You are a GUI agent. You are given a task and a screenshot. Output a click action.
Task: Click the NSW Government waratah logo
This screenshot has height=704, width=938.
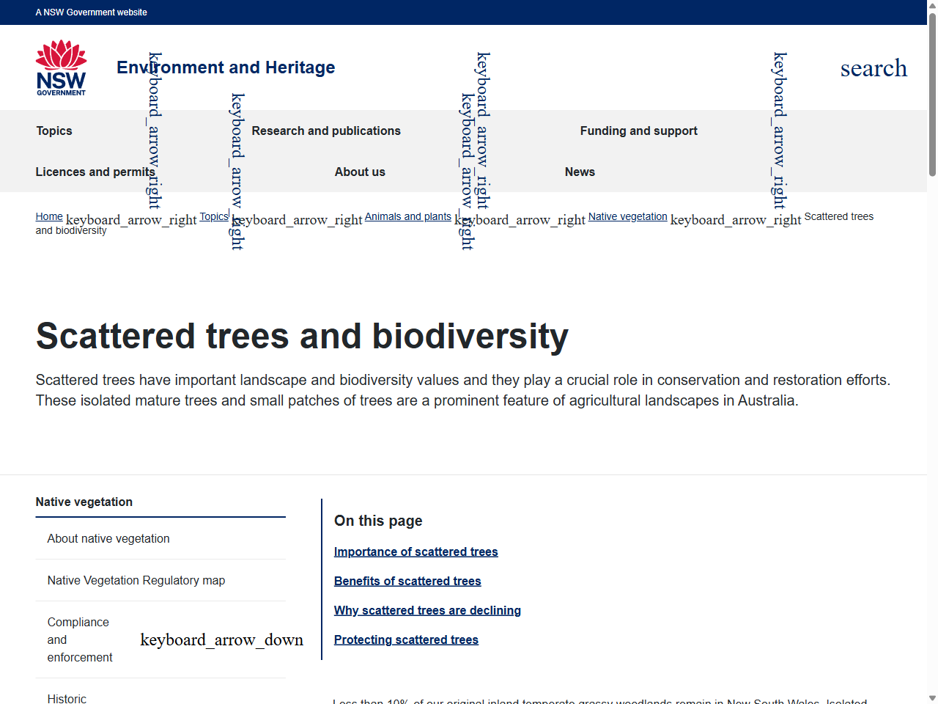coord(61,67)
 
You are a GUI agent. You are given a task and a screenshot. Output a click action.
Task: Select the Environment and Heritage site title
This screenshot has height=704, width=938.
coord(226,67)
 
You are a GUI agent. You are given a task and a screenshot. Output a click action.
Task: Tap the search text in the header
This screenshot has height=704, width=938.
coord(874,68)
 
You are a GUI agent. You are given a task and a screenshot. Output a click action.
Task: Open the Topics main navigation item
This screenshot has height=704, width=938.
coord(54,131)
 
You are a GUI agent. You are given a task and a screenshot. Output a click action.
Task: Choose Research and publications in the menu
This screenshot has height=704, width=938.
coord(326,131)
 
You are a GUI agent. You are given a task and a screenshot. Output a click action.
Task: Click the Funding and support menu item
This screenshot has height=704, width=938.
coord(638,131)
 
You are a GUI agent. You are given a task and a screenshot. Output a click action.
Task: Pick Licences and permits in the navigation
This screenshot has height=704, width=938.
coord(95,172)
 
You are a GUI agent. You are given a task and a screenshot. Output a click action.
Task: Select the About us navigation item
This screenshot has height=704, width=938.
coord(360,172)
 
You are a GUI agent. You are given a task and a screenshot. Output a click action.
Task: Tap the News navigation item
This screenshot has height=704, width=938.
coord(580,172)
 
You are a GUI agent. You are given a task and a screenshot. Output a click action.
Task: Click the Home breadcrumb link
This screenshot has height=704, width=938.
coord(49,216)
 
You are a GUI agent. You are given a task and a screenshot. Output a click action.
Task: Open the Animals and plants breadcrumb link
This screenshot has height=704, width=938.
coord(407,216)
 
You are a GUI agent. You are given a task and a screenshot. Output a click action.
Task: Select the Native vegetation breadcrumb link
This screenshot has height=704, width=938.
coord(627,216)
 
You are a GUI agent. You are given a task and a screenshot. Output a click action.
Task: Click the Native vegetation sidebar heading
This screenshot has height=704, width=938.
coord(84,502)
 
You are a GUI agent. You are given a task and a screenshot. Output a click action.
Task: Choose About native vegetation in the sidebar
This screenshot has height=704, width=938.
coord(108,538)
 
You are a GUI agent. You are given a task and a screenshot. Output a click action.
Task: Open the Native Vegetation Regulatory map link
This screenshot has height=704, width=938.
coord(136,580)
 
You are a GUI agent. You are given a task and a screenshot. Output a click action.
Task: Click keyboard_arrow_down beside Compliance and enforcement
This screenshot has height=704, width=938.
coord(221,639)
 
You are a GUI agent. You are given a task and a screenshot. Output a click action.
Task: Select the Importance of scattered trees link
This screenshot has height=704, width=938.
coord(416,551)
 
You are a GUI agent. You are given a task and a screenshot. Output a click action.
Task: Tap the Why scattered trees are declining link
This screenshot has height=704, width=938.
coord(427,610)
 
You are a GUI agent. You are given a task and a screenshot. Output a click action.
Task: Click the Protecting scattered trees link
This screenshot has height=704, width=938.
coord(406,639)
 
